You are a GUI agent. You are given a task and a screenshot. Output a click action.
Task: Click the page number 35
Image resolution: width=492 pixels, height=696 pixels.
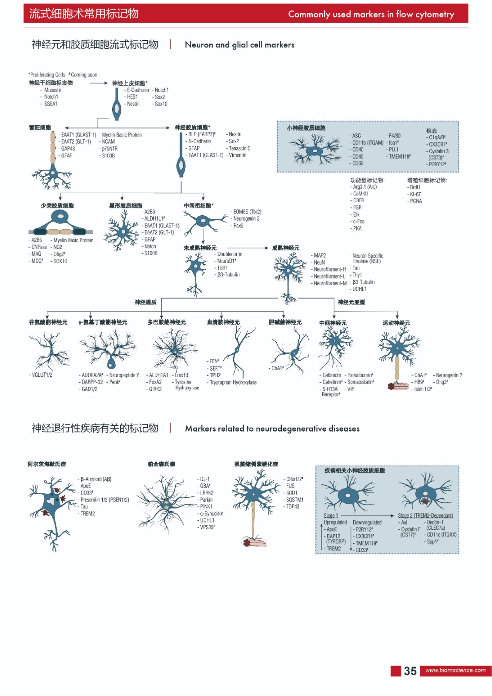click(410, 671)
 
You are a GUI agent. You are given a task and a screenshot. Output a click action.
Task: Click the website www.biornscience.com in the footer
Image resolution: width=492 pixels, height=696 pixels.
click(455, 670)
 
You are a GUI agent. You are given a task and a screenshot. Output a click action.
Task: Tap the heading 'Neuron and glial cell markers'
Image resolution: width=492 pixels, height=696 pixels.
click(239, 45)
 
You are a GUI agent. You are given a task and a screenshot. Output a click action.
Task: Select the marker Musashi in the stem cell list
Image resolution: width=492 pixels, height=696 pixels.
click(52, 90)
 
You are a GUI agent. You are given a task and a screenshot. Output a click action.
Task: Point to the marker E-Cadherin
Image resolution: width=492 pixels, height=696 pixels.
click(137, 90)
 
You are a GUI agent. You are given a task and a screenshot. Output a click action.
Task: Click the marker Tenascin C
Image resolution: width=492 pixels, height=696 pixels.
click(239, 148)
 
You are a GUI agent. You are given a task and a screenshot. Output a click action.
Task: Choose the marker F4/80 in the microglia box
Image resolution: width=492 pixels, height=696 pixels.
click(394, 136)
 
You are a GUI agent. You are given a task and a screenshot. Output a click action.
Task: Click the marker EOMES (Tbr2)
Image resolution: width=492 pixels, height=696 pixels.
click(247, 212)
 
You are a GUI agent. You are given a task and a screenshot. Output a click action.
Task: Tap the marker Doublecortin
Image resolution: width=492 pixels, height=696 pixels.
click(230, 254)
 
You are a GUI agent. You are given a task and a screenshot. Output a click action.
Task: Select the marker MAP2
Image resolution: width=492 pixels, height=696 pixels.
click(320, 255)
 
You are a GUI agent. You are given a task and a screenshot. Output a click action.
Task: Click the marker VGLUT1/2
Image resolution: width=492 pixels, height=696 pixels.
click(42, 375)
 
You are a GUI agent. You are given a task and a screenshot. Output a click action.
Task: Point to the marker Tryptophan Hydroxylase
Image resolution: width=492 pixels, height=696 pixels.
click(233, 382)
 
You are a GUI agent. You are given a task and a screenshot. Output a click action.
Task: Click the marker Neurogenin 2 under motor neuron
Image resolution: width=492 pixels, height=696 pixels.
click(448, 375)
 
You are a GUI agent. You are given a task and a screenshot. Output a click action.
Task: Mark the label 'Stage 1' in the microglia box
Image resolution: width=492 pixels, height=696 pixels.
click(331, 515)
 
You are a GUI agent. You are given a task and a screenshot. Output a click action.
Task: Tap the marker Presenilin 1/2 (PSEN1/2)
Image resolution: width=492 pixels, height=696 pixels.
click(104, 500)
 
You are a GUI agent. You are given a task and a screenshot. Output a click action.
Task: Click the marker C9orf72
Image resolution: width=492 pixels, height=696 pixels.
click(294, 479)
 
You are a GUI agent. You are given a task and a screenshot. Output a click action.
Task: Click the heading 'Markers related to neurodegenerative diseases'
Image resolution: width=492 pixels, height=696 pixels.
click(272, 428)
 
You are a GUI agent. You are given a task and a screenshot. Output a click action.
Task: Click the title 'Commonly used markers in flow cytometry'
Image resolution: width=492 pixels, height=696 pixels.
click(371, 14)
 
